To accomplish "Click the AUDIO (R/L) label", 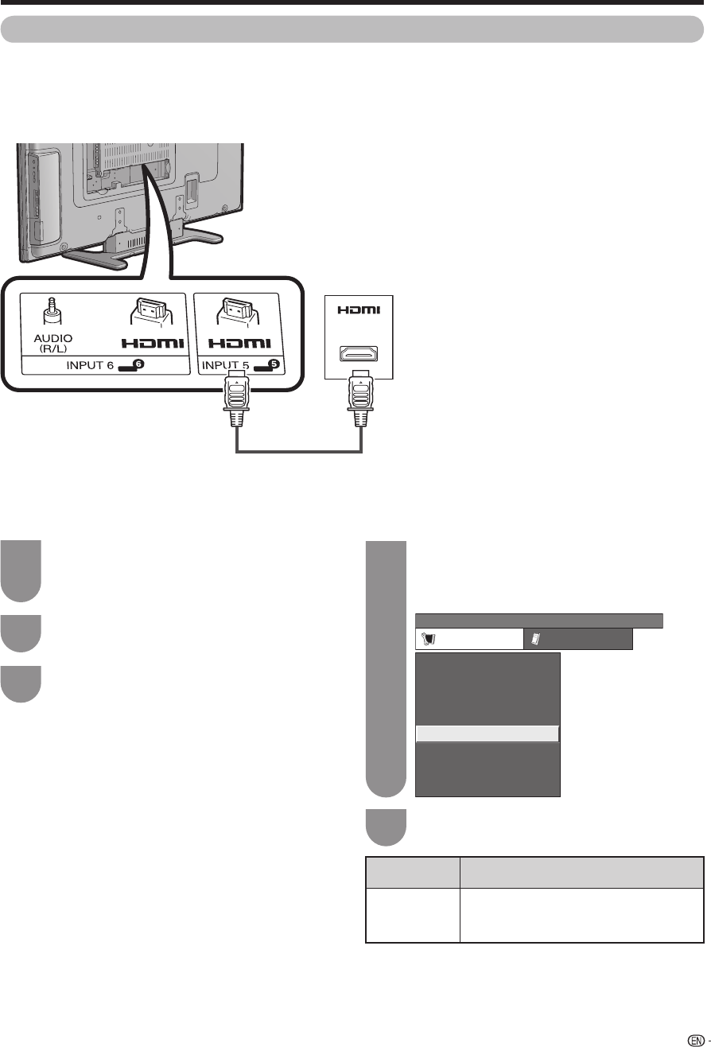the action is (53, 343).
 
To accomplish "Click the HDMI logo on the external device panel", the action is (358, 310).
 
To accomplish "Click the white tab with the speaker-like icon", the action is (468, 639).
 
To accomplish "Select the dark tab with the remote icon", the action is (577, 639).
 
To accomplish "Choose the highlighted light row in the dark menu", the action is (487, 734).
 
